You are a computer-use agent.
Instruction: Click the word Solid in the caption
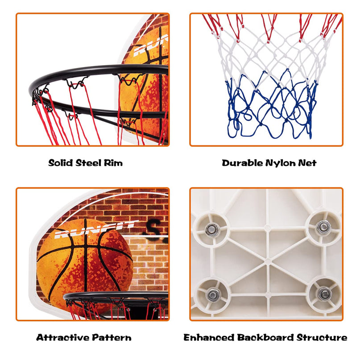click(x=61, y=163)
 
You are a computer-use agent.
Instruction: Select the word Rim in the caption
click(x=113, y=163)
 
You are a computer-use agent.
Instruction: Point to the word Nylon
click(x=280, y=163)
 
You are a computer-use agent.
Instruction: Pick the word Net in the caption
click(x=307, y=163)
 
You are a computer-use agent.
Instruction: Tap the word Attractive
click(x=63, y=338)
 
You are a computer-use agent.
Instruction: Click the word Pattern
click(x=112, y=338)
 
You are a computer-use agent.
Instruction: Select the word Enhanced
click(x=209, y=338)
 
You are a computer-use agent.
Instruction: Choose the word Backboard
click(x=265, y=338)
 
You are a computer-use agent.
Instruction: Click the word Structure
click(x=322, y=338)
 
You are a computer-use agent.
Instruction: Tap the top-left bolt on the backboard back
click(x=211, y=230)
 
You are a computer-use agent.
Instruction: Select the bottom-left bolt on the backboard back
click(x=212, y=294)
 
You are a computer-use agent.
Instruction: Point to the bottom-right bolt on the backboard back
click(x=324, y=294)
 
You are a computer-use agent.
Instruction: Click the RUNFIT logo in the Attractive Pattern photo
click(x=96, y=229)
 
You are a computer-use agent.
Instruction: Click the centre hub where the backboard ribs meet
click(x=268, y=261)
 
